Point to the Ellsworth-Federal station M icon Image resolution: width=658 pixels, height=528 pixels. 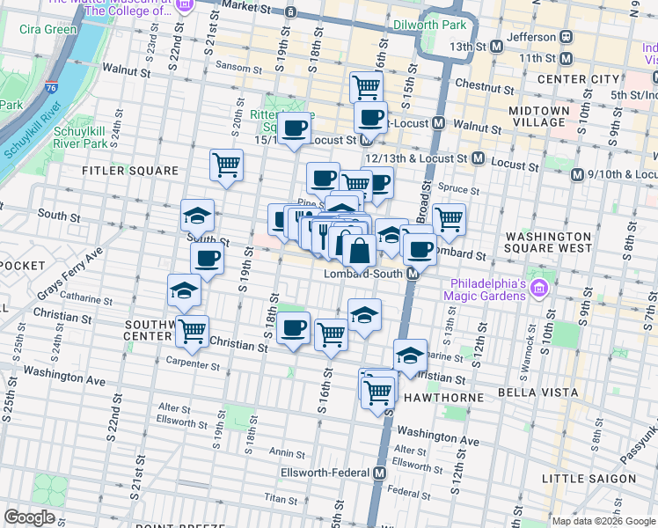point(379,473)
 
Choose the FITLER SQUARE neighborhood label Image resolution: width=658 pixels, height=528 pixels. point(130,171)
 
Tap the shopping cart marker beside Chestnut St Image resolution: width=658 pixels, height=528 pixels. point(366,87)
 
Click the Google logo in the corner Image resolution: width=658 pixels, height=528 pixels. point(29,517)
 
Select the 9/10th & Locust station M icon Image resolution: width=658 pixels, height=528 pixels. point(577,174)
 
